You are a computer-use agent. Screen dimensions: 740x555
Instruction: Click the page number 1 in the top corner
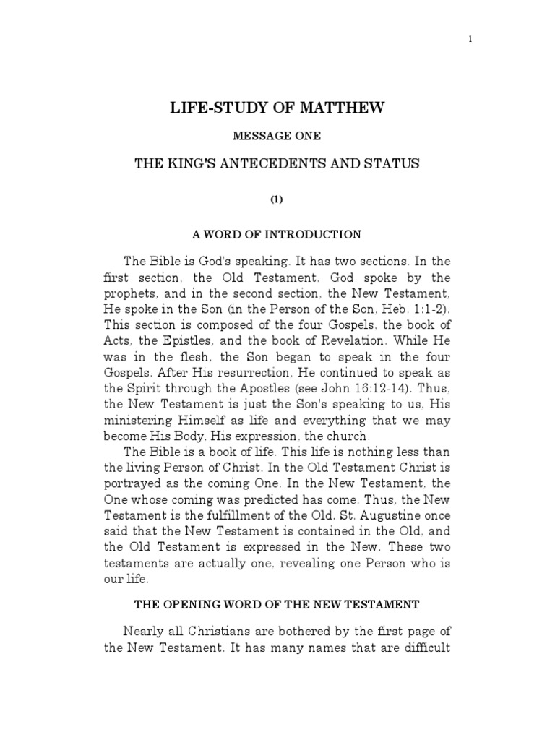click(x=470, y=40)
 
